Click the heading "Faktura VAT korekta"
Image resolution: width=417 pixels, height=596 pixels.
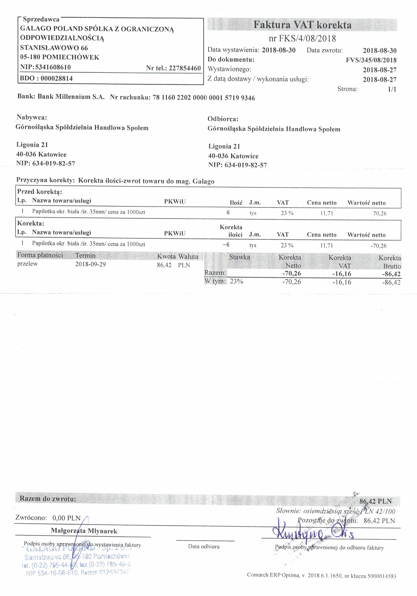[x=302, y=25]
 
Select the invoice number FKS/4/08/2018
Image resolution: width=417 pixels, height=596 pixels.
[x=307, y=39]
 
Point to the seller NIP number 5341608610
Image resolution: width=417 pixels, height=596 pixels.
[x=53, y=67]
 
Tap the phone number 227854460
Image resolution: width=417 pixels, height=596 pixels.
[x=185, y=68]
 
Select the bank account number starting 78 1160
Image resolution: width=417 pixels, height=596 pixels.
[x=204, y=98]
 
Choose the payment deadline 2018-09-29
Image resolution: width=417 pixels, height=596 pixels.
[x=91, y=264]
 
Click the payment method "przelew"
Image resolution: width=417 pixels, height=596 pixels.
[x=28, y=264]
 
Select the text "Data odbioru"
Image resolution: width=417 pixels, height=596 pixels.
[x=204, y=546]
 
